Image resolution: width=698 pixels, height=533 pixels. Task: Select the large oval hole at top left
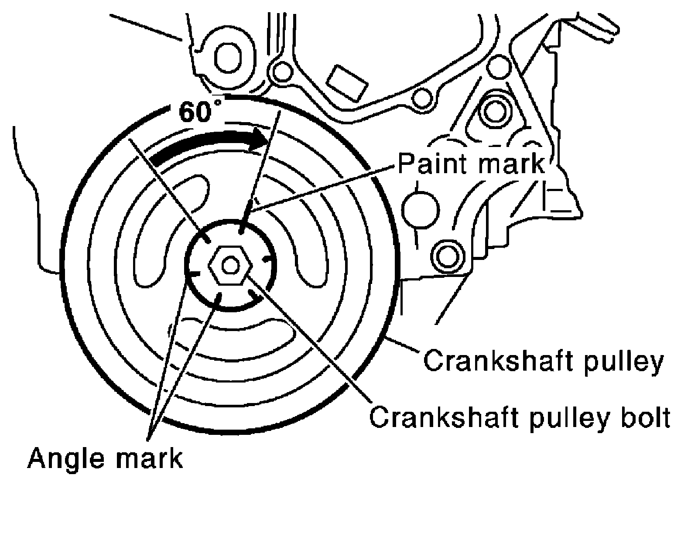coord(228,57)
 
